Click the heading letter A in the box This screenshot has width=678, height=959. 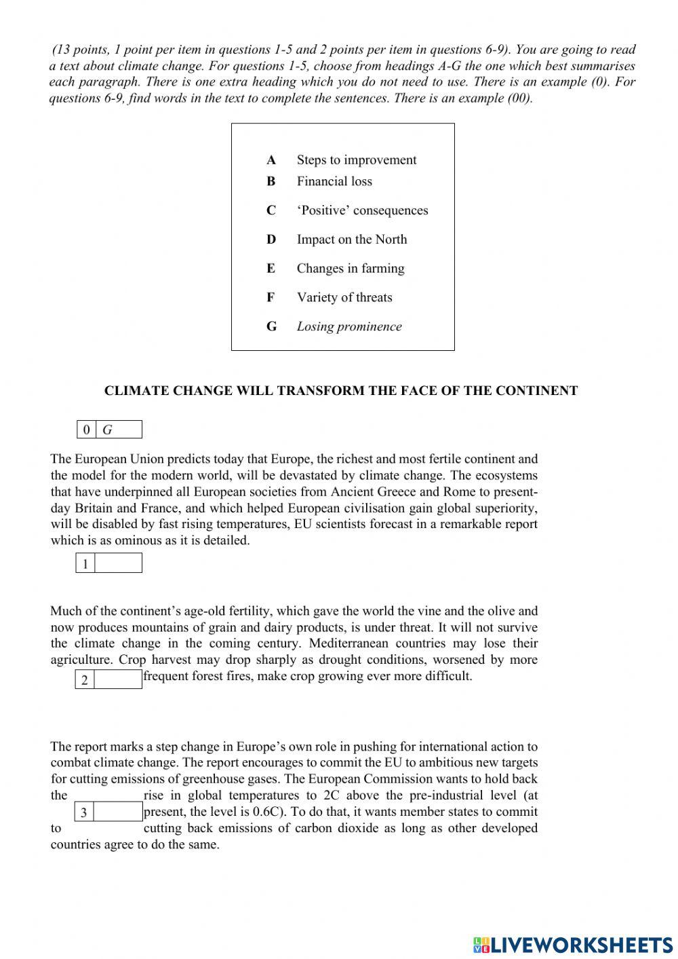pos(271,160)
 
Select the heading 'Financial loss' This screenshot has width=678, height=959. pos(334,181)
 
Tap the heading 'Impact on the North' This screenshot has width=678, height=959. pos(352,240)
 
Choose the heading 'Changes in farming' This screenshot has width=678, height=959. pos(351,269)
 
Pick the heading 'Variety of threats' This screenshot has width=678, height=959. pos(344,297)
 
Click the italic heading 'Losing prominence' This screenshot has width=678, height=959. pos(349,326)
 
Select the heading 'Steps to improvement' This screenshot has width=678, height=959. pos(357,160)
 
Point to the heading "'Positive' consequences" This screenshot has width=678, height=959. pos(362,210)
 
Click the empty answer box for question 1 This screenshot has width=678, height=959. pos(118,563)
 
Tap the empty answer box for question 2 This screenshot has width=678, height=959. pos(118,679)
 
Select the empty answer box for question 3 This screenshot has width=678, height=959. pos(118,812)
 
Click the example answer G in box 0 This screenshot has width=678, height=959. pos(108,430)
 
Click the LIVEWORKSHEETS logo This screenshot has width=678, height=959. pos(573,944)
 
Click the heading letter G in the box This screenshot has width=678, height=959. pos(271,326)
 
